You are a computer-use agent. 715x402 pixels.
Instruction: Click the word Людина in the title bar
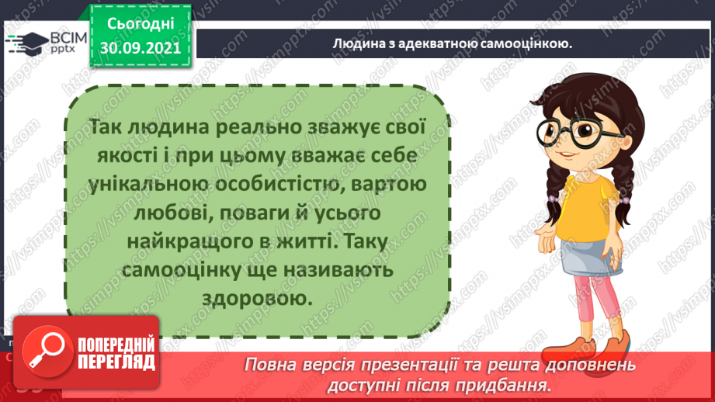(354, 44)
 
